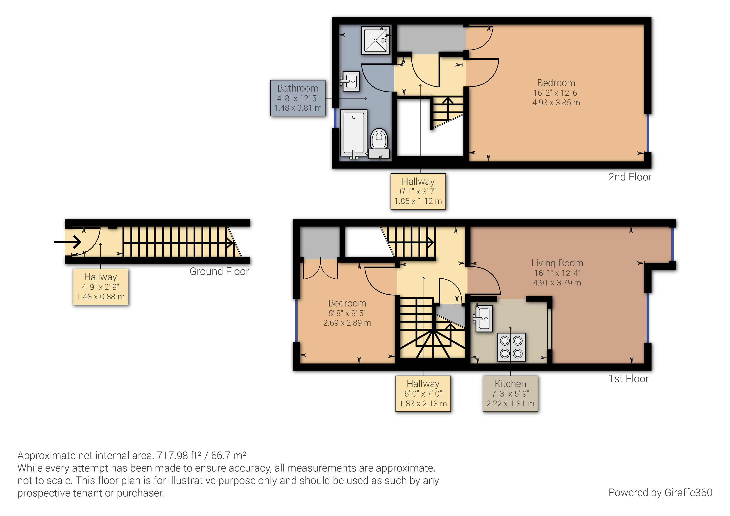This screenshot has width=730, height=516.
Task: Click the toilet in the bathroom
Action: click(x=379, y=140)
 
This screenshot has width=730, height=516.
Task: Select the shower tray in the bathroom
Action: click(x=375, y=40)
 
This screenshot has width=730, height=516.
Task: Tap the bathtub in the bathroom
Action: click(x=354, y=133)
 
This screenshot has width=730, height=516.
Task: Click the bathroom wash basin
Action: click(x=351, y=81)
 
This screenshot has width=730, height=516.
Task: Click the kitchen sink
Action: click(x=484, y=319)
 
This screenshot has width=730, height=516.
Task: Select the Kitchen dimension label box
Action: click(x=510, y=394)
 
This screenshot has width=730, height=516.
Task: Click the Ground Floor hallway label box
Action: click(x=101, y=287)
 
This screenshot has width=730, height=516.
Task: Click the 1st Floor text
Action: click(x=629, y=379)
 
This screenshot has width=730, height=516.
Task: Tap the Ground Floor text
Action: click(x=219, y=272)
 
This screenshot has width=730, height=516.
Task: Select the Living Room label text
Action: click(x=557, y=263)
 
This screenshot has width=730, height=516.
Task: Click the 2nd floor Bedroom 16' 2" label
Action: click(x=556, y=93)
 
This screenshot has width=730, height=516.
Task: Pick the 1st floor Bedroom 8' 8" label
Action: click(x=347, y=313)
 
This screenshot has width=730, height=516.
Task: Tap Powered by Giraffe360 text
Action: click(x=660, y=492)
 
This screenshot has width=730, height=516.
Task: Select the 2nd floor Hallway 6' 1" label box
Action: click(x=418, y=191)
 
